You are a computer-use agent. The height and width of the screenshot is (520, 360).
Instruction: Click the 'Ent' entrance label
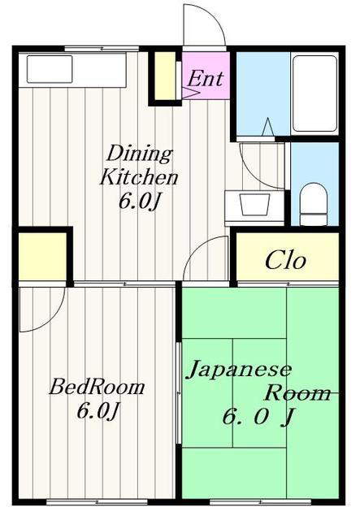click(206, 79)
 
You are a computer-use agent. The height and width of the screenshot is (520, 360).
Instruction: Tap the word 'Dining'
click(140, 154)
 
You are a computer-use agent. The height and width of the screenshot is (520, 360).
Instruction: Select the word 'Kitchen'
click(139, 177)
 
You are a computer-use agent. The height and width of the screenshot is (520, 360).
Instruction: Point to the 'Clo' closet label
click(285, 260)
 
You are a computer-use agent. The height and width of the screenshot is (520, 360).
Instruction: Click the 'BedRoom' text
click(97, 387)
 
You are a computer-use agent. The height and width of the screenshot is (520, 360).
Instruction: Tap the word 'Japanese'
click(239, 370)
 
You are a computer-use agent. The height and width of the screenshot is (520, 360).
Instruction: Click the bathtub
click(315, 93)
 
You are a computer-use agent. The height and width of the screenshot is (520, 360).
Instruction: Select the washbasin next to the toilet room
click(254, 204)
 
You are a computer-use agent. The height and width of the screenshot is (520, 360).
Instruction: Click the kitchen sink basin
click(50, 69)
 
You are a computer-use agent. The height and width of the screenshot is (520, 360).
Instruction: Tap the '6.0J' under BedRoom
click(98, 411)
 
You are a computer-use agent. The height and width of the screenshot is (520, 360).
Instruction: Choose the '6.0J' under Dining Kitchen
click(140, 201)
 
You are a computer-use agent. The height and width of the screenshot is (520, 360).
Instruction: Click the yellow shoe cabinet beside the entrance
click(165, 76)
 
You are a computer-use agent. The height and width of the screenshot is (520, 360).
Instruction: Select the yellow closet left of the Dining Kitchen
click(42, 257)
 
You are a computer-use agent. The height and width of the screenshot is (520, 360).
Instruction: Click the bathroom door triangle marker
click(268, 127)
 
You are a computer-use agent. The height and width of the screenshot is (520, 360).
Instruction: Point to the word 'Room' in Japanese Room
click(297, 393)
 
